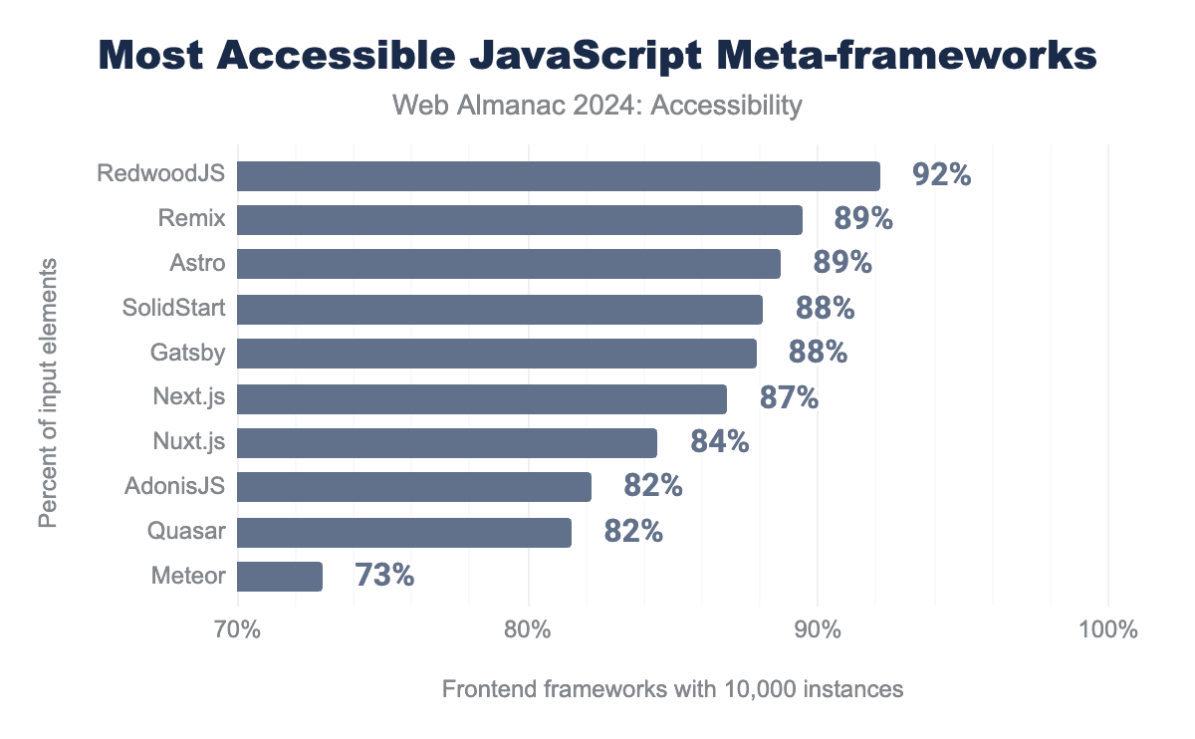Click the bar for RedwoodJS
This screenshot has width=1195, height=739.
coord(558,175)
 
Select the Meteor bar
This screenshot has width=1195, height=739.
coord(280,576)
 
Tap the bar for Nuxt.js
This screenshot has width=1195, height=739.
coord(447,442)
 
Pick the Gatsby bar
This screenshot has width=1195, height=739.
coord(497,354)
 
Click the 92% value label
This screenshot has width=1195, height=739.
coord(941,175)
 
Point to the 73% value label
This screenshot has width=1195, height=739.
coord(384,576)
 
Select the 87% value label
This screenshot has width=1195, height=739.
coord(789,398)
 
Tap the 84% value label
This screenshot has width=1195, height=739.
coord(719,442)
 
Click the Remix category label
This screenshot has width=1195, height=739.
coord(191,219)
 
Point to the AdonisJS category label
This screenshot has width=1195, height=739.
coord(175,487)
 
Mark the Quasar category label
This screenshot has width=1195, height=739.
coord(188,532)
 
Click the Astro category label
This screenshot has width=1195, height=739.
coord(197,264)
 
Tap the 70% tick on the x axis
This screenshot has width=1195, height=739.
coord(238,630)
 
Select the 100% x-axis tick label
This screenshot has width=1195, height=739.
coord(1107,630)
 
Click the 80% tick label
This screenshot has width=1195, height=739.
coord(528,630)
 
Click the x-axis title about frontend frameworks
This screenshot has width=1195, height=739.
coord(672,689)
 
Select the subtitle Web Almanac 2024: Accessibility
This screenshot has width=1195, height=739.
coord(597,106)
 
